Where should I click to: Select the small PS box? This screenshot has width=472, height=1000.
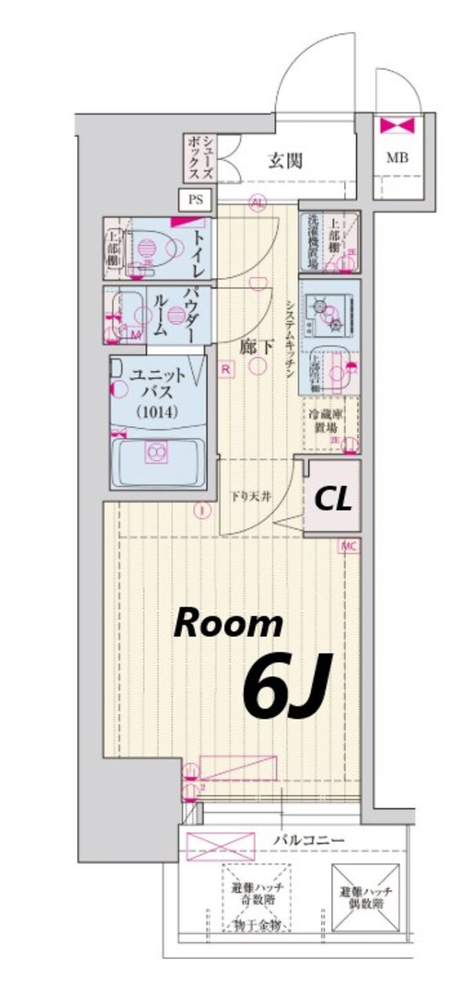pyautogui.click(x=194, y=200)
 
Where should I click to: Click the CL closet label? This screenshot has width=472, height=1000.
pyautogui.click(x=334, y=498)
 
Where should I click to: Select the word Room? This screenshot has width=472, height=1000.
pyautogui.click(x=228, y=624)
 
